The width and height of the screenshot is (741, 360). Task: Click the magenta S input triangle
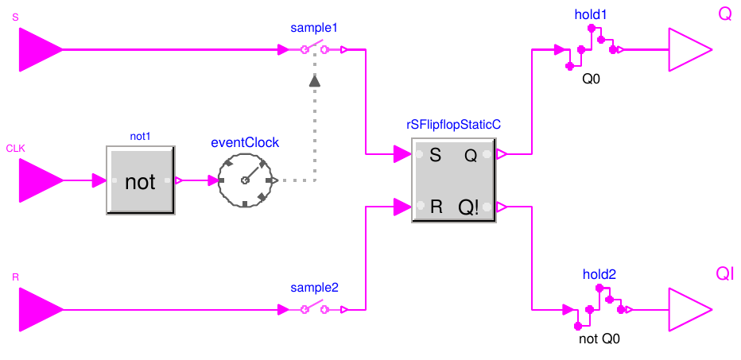click(x=39, y=49)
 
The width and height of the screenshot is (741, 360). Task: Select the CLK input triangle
click(x=39, y=180)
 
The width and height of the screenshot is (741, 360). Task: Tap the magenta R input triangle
click(x=39, y=309)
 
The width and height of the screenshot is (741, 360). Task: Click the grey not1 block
click(x=141, y=180)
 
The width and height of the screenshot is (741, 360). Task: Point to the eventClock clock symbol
click(x=245, y=180)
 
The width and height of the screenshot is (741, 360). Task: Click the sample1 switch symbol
click(x=314, y=50)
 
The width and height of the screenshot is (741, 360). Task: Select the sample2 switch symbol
click(x=314, y=309)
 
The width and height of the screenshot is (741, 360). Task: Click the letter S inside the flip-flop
click(x=435, y=156)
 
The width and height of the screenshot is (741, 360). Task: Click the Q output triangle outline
click(x=689, y=50)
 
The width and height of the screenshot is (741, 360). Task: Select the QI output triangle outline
click(x=689, y=309)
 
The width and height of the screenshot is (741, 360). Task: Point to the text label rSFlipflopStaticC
click(x=452, y=125)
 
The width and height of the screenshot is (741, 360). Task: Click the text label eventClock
click(x=245, y=143)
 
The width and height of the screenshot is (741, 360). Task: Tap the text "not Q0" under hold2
click(x=600, y=338)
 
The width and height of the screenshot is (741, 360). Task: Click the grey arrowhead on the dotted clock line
click(x=315, y=80)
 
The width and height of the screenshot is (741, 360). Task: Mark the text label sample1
click(x=314, y=28)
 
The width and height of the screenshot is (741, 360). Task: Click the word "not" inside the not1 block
click(x=141, y=182)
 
